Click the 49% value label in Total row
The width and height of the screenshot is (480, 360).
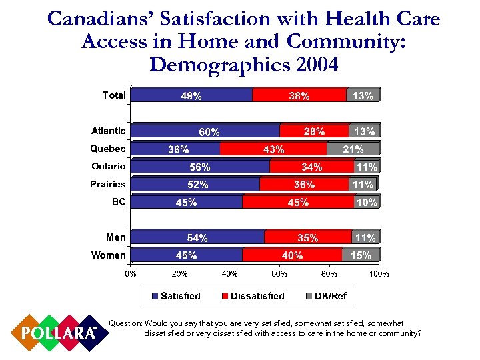[x=192, y=96]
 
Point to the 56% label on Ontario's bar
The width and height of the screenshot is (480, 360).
[x=200, y=167]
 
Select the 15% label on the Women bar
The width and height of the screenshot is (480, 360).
[x=361, y=255]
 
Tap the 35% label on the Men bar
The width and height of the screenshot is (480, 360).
[x=307, y=237]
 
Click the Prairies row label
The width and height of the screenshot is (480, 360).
[x=108, y=184]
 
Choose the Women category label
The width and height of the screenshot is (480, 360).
[x=108, y=255]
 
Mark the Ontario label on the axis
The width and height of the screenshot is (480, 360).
[x=108, y=166]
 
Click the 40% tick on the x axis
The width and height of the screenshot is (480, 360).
[x=230, y=273]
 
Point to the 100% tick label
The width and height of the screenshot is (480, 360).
[x=379, y=273]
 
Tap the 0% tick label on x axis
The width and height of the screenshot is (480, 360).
[x=131, y=273]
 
